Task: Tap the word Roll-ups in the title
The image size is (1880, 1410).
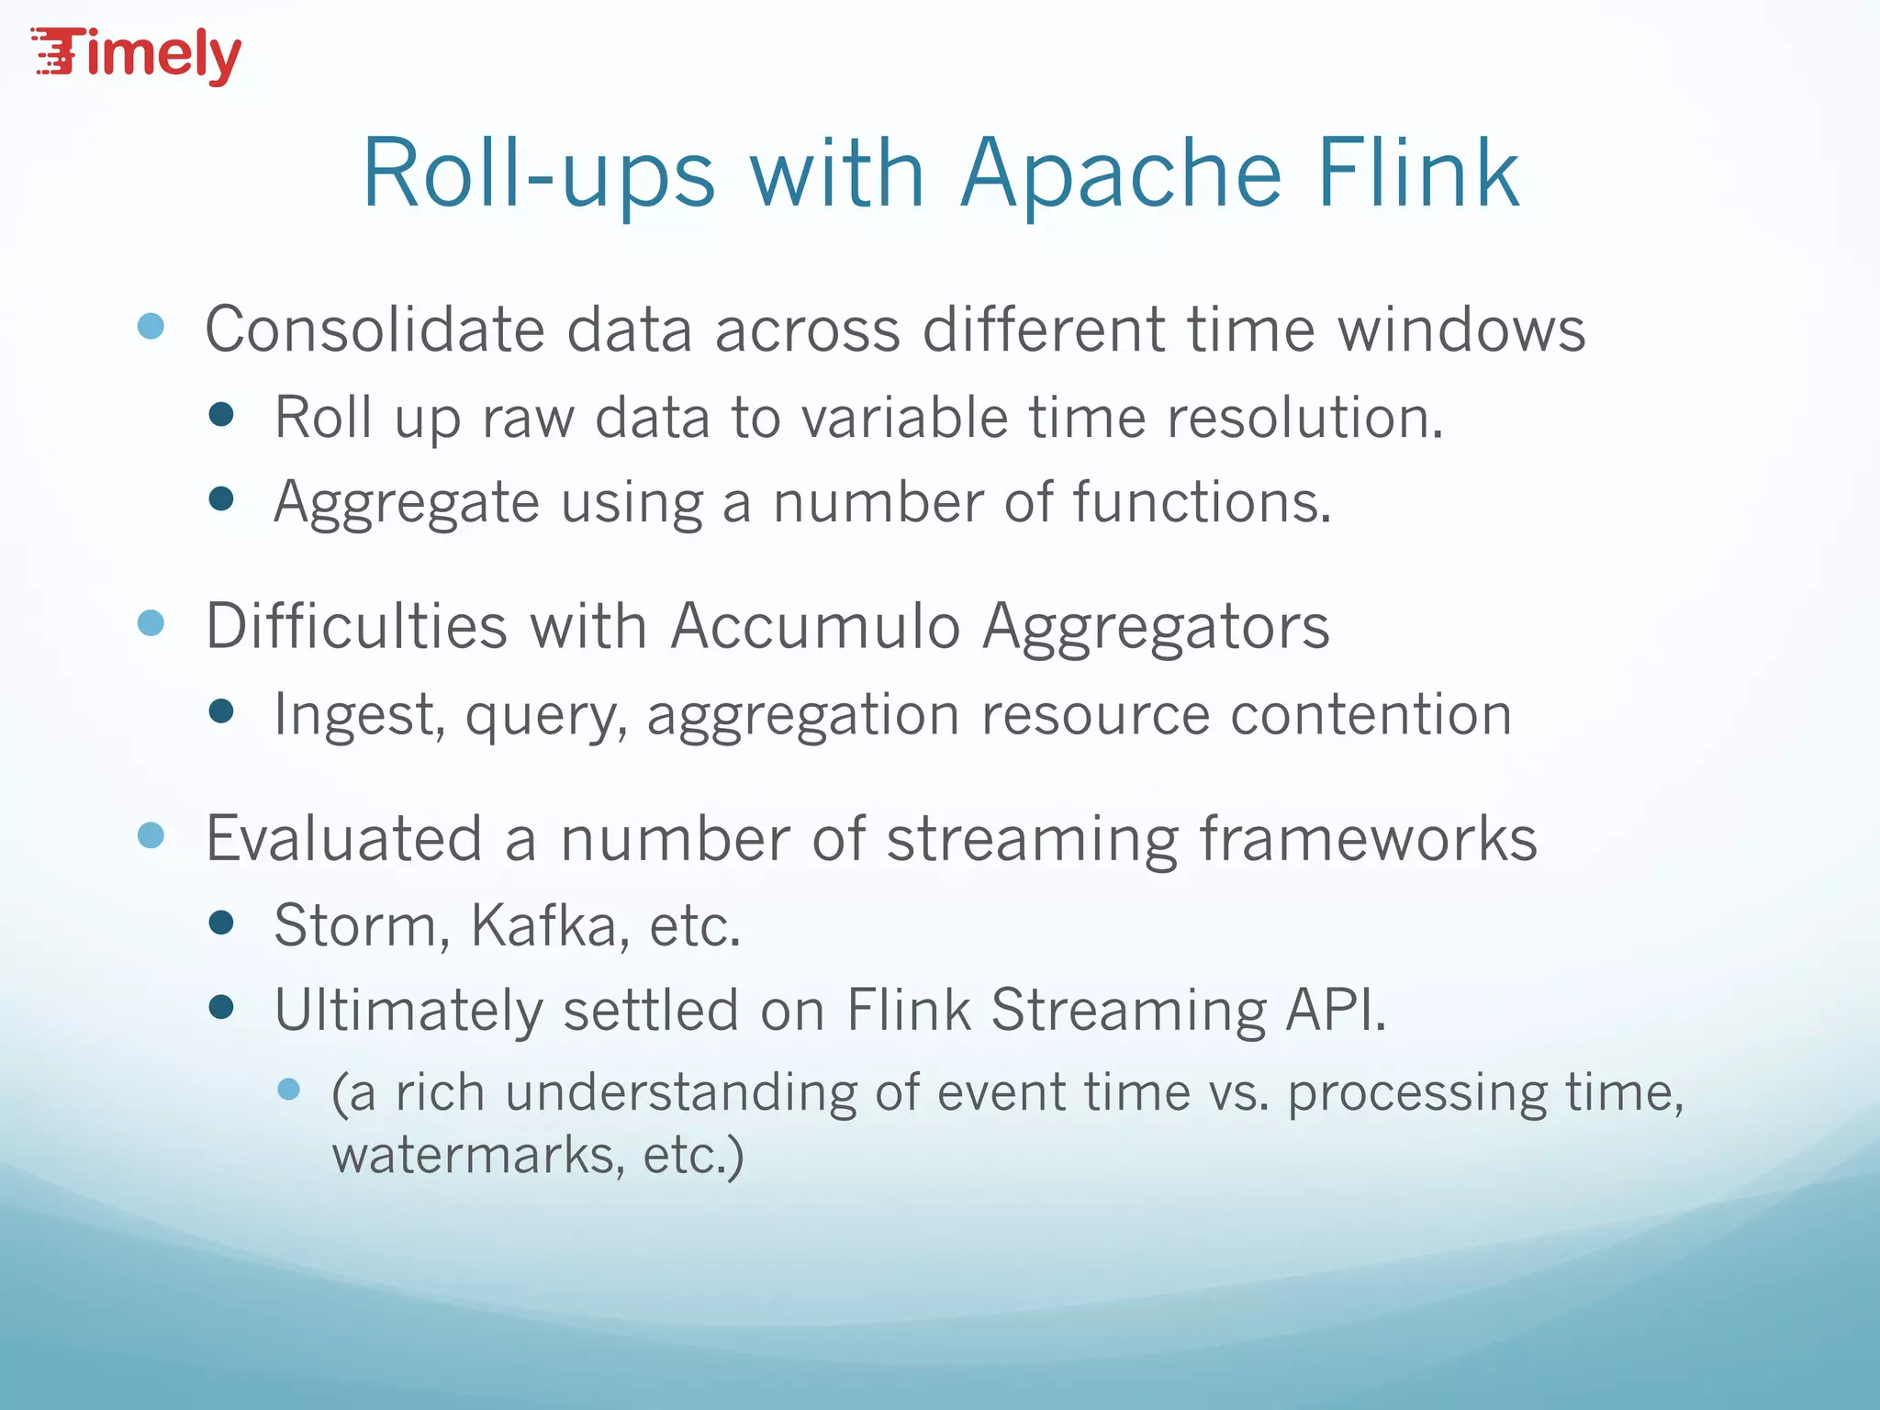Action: coord(538,174)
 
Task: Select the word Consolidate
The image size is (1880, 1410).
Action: coord(375,330)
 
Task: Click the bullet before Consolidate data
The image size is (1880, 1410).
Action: coord(151,326)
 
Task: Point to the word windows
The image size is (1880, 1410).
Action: coord(1460,330)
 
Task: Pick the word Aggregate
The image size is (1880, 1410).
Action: coord(407,504)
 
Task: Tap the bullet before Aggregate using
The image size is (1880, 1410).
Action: coord(221,499)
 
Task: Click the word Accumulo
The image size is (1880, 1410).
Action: coord(815,627)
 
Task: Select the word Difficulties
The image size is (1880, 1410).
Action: coord(356,627)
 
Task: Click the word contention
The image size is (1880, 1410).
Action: coord(1371,715)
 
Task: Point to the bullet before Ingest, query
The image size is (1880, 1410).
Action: coord(221,711)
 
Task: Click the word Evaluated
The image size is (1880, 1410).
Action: coord(344,839)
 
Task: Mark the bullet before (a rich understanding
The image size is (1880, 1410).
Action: coord(288,1090)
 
